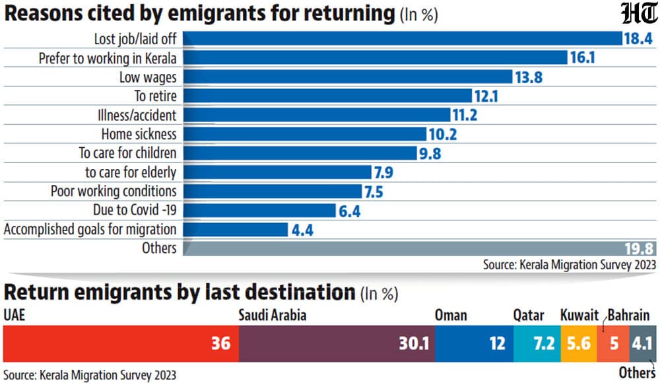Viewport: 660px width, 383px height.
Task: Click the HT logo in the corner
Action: (640, 13)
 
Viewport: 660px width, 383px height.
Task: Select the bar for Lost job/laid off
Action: (403, 38)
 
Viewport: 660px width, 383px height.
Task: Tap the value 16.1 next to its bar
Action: (583, 57)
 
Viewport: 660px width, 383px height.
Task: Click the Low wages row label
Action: (148, 77)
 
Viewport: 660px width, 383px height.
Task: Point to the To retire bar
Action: (327, 96)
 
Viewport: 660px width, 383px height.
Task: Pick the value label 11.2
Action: (465, 115)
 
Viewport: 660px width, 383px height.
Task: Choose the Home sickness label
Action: (139, 135)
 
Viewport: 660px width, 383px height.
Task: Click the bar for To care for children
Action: (300, 153)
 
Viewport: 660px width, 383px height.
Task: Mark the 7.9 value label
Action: (383, 173)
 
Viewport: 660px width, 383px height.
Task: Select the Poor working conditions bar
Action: (273, 191)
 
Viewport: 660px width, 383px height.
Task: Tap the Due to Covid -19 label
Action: (135, 210)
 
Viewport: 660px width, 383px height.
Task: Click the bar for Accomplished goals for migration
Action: (236, 230)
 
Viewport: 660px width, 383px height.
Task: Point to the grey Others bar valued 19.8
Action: (420, 248)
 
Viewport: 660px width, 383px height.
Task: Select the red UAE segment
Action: (121, 343)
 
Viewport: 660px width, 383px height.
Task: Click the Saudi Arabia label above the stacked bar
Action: (273, 316)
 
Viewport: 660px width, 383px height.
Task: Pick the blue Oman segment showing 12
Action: (475, 343)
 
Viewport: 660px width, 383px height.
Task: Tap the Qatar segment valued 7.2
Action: (537, 343)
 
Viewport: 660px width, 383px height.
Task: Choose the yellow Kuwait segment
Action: (579, 343)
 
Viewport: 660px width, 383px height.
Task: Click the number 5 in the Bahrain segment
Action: (614, 344)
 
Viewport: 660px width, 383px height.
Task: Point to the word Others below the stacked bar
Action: (637, 373)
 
